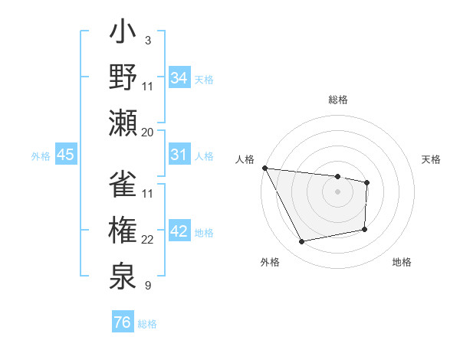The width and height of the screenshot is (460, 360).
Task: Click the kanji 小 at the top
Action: (123, 34)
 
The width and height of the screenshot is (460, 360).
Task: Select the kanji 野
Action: (123, 77)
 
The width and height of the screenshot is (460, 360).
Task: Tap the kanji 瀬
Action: (123, 122)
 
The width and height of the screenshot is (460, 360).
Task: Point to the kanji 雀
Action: (123, 185)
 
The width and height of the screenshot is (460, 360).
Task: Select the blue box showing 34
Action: (179, 77)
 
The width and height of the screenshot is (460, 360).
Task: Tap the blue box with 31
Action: (179, 155)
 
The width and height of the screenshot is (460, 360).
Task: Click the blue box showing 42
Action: (179, 232)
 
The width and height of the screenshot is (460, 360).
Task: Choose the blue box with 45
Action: (66, 155)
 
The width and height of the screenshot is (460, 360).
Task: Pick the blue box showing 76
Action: (123, 322)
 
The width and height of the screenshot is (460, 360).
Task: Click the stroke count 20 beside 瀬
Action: (148, 132)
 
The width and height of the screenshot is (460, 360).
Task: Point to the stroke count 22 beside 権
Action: (148, 240)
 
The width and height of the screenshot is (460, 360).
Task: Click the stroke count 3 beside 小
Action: (147, 39)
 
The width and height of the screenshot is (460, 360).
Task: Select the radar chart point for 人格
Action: (264, 168)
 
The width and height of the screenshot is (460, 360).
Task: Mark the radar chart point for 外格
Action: (302, 242)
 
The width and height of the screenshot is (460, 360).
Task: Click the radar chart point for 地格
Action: (364, 229)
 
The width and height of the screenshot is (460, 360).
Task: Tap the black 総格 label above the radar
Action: (337, 100)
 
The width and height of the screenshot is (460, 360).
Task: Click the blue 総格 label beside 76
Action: (147, 324)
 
